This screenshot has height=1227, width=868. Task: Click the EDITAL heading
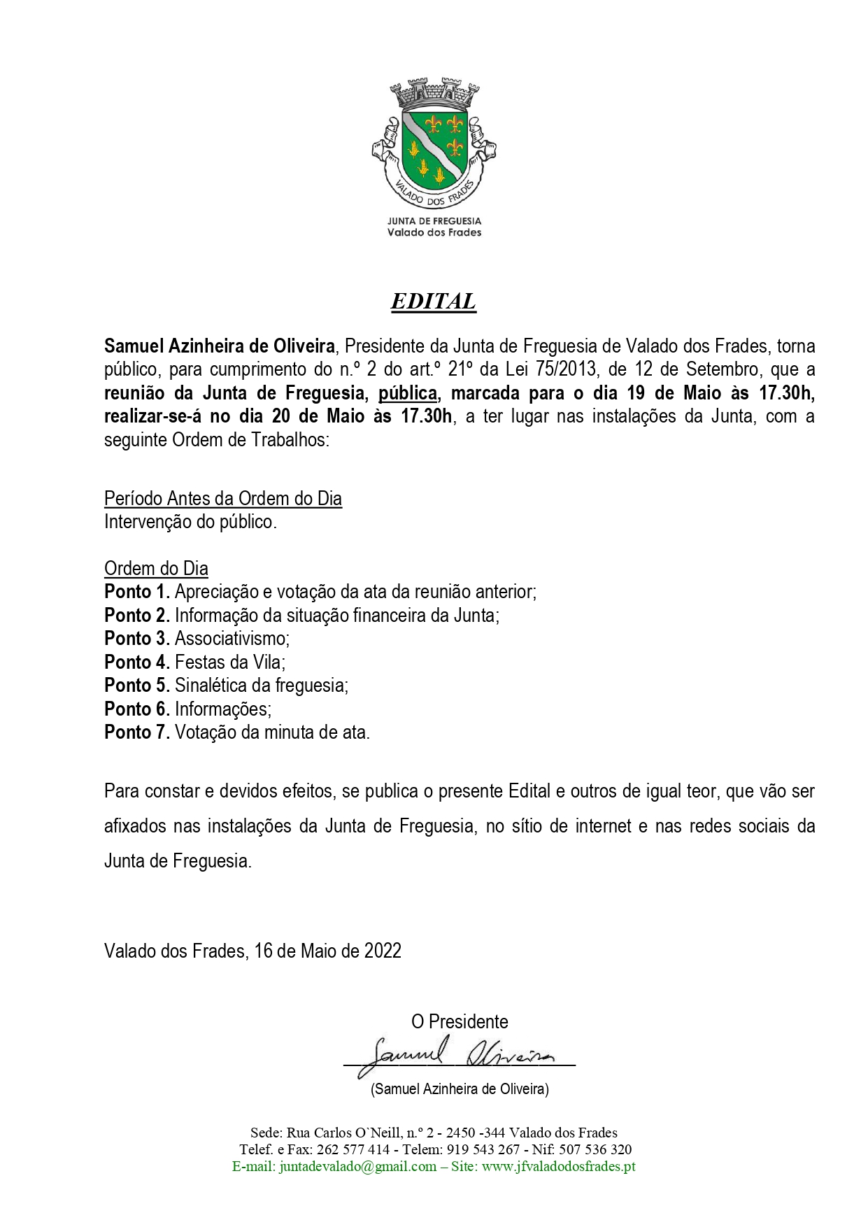pyautogui.click(x=433, y=301)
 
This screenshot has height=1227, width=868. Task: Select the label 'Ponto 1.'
pyautogui.click(x=137, y=592)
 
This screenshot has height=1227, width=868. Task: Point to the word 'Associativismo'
pyautogui.click(x=231, y=639)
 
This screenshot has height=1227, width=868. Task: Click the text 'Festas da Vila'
pyautogui.click(x=229, y=662)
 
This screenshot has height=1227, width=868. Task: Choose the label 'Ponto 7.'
pyautogui.click(x=137, y=732)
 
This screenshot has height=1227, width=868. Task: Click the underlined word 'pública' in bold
pyautogui.click(x=408, y=393)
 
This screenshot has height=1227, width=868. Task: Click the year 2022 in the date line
pyautogui.click(x=383, y=951)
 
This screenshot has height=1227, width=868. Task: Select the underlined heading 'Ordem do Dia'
pyautogui.click(x=156, y=568)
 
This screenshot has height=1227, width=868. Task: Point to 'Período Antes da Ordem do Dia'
pyautogui.click(x=223, y=498)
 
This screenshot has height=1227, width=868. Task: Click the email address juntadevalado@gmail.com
pyautogui.click(x=357, y=1166)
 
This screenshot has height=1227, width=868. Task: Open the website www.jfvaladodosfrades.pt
pyautogui.click(x=559, y=1166)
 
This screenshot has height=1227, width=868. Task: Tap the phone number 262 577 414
pyautogui.click(x=353, y=1149)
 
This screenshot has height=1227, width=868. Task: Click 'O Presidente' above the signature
pyautogui.click(x=460, y=1021)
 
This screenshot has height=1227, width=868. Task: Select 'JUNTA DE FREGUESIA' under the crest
pyautogui.click(x=434, y=221)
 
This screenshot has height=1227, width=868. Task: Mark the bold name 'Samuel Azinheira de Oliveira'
pyautogui.click(x=220, y=346)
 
